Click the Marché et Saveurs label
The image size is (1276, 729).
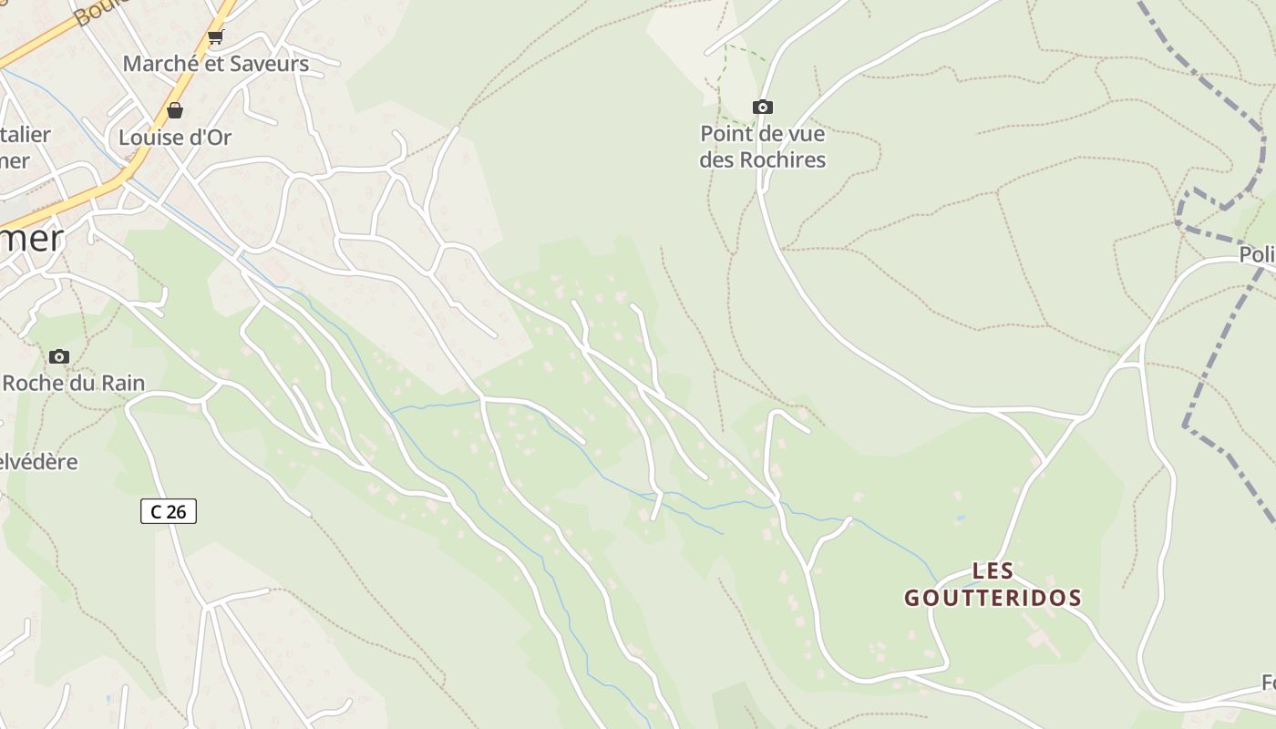[x=215, y=64]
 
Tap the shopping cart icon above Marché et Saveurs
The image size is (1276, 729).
[x=215, y=36]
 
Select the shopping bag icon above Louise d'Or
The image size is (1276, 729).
[x=174, y=110]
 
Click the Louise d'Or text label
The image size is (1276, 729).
[x=175, y=138]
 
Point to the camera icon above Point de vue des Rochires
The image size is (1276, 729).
[x=762, y=108]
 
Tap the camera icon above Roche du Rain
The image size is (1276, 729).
[x=59, y=356]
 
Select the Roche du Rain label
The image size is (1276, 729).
[x=73, y=383]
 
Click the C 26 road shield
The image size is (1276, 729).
[x=169, y=511]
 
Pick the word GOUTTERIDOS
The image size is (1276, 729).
[x=993, y=599]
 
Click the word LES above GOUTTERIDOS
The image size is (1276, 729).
[x=993, y=571]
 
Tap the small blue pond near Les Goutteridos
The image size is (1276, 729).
[x=960, y=518]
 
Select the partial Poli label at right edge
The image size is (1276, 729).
[x=1256, y=255]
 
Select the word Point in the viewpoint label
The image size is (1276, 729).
[x=726, y=134]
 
